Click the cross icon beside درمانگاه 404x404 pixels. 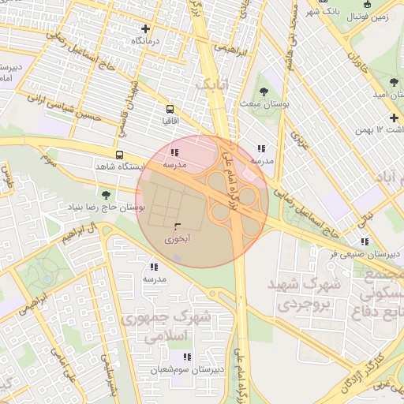[x=144, y=28]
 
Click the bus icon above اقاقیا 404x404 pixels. [x=170, y=109]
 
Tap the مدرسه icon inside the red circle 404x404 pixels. [x=174, y=152]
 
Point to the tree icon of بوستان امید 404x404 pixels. [x=394, y=81]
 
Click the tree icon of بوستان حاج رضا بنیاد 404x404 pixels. [x=106, y=194]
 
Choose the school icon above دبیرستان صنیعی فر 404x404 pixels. [x=364, y=241]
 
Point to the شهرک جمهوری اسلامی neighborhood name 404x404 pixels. [x=167, y=327]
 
